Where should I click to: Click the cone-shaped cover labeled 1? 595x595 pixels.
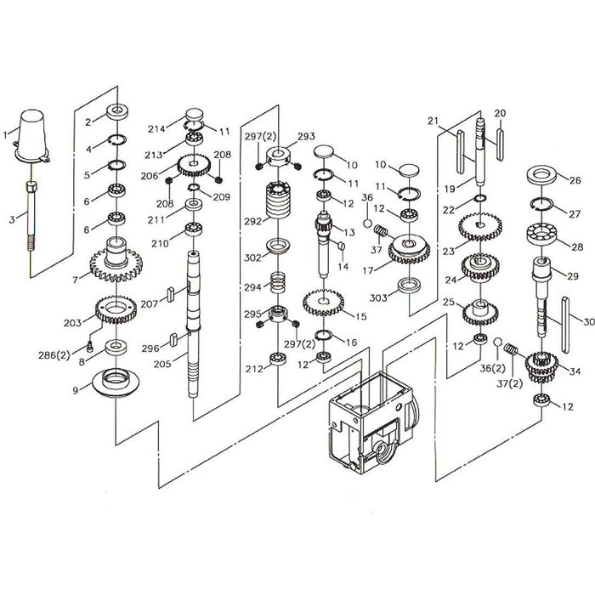click(32, 137)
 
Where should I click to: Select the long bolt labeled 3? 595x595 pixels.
click(31, 216)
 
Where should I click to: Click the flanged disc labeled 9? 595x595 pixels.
click(116, 382)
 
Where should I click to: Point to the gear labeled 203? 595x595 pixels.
click(116, 309)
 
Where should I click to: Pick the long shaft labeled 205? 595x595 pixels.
click(193, 324)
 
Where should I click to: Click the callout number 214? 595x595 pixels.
click(156, 129)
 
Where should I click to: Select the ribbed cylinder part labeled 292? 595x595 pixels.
click(278, 200)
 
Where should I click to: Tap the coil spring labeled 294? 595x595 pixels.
click(278, 282)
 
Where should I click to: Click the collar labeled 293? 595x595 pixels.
click(278, 156)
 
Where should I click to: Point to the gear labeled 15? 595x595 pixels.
click(323, 303)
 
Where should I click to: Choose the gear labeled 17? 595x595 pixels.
click(409, 249)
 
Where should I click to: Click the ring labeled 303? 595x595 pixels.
click(409, 286)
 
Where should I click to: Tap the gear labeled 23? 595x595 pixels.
click(480, 227)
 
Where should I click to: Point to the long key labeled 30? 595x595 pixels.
click(565, 326)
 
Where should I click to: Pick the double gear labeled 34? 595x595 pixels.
click(541, 367)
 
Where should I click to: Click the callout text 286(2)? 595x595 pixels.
click(54, 355)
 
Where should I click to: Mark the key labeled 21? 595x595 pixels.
click(461, 152)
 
